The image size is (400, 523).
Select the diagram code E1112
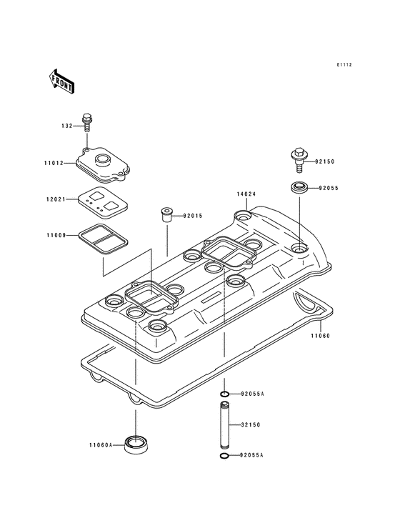(345, 65)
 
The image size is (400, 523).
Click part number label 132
(66, 126)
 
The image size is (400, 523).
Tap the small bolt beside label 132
(87, 124)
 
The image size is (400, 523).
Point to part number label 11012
(54, 163)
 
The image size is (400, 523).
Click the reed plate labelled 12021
(100, 201)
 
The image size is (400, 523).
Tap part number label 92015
(194, 215)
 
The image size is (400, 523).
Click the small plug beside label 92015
(166, 214)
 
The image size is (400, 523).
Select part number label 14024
(246, 194)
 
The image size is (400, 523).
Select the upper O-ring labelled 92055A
(224, 394)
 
